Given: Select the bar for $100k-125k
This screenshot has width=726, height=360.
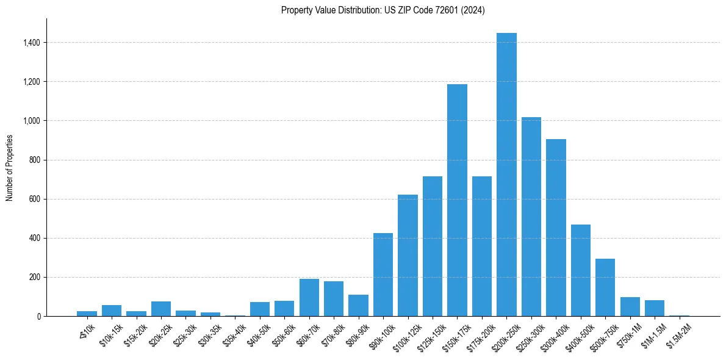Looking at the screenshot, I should (x=408, y=256).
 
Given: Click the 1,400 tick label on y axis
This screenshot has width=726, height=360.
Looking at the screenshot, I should (x=32, y=43).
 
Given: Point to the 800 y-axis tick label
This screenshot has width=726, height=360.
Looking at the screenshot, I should (x=35, y=160).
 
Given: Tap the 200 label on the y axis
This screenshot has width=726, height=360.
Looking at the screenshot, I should (x=35, y=277).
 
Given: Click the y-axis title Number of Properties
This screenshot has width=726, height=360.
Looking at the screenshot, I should (x=9, y=168).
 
